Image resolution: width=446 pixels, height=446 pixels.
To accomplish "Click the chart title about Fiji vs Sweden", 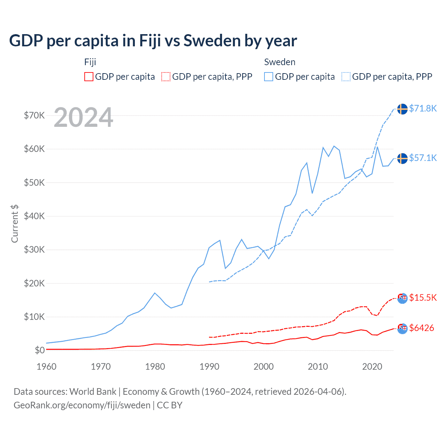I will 153,41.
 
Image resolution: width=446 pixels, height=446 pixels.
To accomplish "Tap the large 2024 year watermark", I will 84,117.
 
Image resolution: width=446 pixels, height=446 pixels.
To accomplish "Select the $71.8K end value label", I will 423,108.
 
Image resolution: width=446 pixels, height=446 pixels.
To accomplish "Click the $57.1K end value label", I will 423,158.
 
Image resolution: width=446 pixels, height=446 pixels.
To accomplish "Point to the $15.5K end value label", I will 423,298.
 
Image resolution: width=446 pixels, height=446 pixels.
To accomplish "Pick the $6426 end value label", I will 422,328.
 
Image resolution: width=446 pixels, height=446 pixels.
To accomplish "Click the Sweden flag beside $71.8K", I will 402,109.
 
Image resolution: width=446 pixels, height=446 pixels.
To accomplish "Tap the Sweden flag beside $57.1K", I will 402,158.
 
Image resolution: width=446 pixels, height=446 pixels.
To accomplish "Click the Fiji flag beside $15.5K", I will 402,298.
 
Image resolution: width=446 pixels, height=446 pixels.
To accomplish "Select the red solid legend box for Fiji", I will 89,77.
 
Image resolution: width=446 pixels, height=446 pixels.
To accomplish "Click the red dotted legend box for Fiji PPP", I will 166,77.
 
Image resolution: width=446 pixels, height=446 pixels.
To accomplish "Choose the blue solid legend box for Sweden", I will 269,77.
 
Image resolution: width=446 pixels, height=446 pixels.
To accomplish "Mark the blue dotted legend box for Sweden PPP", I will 346,77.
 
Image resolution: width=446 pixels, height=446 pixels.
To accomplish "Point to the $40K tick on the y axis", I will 34,216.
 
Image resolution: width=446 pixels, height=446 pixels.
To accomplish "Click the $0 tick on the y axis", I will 40,350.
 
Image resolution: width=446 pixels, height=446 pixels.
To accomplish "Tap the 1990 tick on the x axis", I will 209,367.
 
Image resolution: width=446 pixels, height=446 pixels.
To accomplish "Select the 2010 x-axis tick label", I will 318,367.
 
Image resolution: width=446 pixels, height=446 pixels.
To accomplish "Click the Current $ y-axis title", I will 15,224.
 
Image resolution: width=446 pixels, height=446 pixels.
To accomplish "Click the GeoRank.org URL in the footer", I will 82,405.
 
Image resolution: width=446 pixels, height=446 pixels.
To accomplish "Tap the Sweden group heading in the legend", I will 280,62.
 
